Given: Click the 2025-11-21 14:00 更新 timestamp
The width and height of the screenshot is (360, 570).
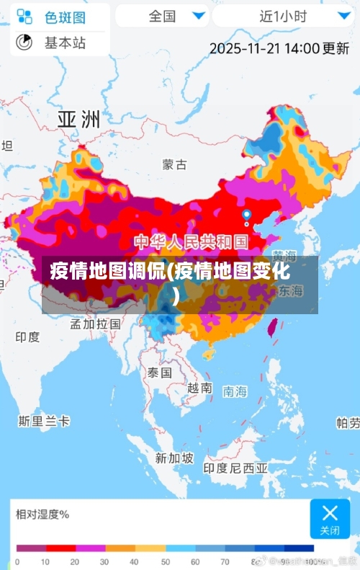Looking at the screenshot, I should pos(279,48).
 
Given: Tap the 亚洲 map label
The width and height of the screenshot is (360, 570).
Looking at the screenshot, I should pos(78,119).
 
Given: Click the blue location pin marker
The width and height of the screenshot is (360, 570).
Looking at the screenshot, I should pos(247,215).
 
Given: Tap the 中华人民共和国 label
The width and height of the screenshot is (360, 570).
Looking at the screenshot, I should pos(192,241).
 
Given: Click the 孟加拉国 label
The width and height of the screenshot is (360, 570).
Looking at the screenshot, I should pos(95,324).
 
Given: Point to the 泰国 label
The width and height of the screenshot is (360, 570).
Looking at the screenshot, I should pos(159,373).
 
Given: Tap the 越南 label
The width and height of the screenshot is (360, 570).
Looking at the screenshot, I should pos(199,388).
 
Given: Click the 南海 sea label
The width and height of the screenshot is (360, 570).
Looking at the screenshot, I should pos(235,391).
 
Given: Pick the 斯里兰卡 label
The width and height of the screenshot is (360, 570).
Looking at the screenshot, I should pos(44,421).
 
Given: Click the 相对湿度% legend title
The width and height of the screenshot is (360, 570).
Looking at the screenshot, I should pos(42,514).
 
